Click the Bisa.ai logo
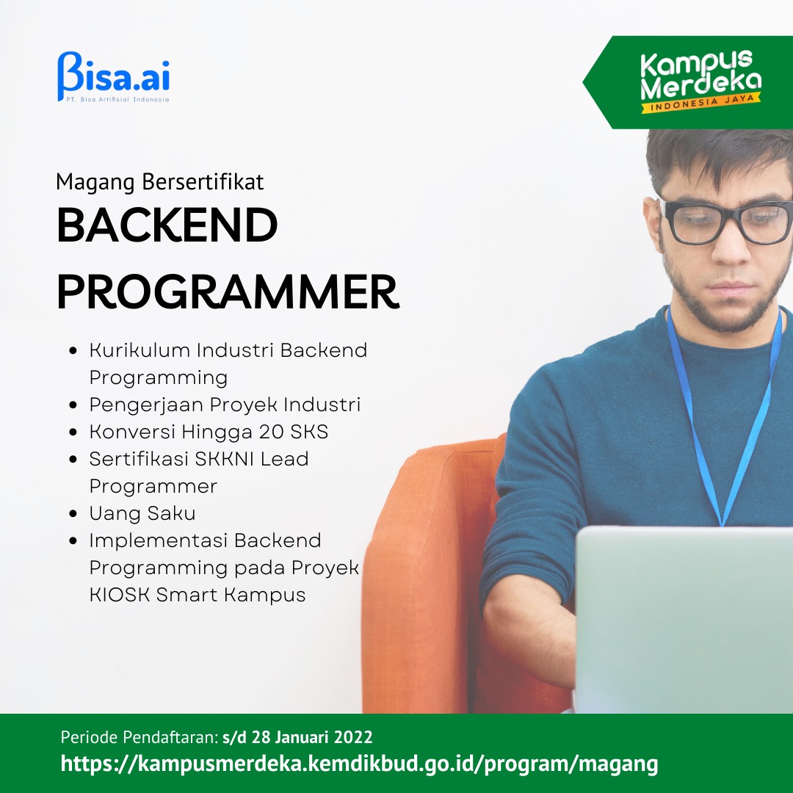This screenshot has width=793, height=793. point(113,76)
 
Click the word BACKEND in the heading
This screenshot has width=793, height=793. point(167,225)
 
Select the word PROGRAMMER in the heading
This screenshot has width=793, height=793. point(228,292)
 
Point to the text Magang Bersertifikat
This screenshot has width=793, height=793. point(160,181)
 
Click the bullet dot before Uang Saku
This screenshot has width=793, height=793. point(73,514)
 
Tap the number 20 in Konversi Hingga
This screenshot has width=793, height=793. point(272,432)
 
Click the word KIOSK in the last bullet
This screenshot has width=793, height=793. point(120,595)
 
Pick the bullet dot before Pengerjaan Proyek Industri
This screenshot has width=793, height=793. point(73,405)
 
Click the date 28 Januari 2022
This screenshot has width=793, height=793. point(312,737)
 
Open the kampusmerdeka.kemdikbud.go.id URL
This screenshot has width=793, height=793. point(359,764)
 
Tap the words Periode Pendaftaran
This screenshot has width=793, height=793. point(139,737)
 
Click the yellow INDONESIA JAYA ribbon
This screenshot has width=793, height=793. point(701,103)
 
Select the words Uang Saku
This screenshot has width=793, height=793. point(142,514)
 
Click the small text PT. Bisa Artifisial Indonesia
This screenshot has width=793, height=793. point(117,99)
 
